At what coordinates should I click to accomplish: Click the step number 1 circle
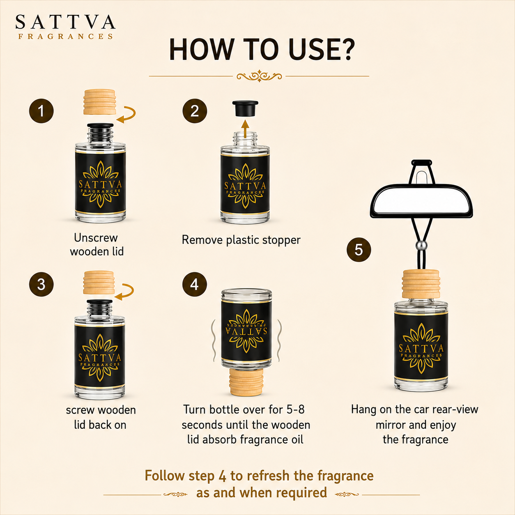(x=41, y=111)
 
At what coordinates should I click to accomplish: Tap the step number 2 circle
(x=195, y=111)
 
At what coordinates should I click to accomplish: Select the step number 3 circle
(x=41, y=284)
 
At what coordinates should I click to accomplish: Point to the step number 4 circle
(x=195, y=284)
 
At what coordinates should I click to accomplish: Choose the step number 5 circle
(x=359, y=249)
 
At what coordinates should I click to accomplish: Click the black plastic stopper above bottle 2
(x=245, y=108)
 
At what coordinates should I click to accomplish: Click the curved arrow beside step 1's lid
(x=127, y=115)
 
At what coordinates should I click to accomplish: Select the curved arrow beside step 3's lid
(x=125, y=292)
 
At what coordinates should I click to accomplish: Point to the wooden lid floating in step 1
(x=99, y=101)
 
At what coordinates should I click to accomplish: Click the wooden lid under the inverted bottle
(x=246, y=382)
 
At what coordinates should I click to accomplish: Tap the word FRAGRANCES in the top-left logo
(x=65, y=37)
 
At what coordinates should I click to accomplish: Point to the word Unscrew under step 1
(x=96, y=238)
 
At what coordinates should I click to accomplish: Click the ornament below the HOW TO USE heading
(x=259, y=76)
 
